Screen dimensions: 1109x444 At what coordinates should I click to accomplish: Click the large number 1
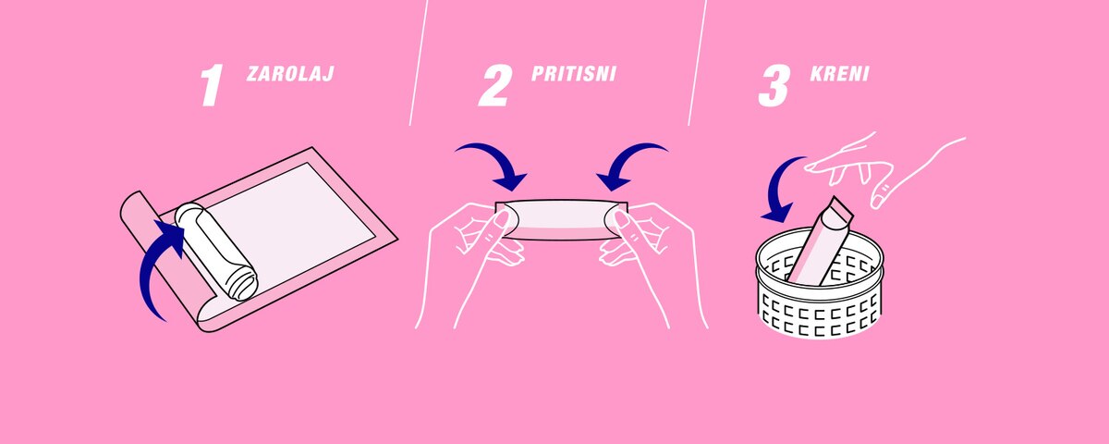click(x=212, y=87)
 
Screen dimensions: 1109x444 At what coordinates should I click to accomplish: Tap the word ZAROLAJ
click(x=290, y=73)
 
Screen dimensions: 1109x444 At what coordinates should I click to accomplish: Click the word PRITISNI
click(x=574, y=73)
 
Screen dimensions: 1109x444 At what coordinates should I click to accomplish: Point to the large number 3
click(x=774, y=87)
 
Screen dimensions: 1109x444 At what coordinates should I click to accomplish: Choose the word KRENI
click(x=840, y=73)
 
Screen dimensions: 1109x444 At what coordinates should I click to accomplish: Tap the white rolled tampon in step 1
click(x=216, y=252)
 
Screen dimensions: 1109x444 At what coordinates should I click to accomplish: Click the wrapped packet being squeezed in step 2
click(x=562, y=220)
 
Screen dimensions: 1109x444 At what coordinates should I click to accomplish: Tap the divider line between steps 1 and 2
click(x=419, y=63)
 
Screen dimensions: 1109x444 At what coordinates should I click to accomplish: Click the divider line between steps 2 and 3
click(x=698, y=63)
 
